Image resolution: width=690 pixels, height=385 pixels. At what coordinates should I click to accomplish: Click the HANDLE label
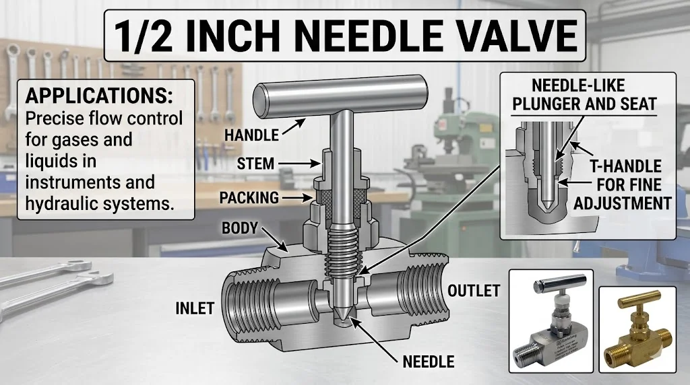(251, 135)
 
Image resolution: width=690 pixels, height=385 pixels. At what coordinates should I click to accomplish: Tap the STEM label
(255, 164)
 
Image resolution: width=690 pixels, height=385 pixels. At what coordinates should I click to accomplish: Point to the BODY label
(240, 228)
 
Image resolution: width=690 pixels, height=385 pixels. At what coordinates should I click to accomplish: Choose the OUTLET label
(474, 291)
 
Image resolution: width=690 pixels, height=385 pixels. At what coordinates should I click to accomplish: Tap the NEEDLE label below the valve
(429, 361)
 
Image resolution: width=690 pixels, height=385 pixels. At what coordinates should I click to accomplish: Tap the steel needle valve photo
(551, 321)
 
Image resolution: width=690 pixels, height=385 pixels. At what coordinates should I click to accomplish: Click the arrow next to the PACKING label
(298, 198)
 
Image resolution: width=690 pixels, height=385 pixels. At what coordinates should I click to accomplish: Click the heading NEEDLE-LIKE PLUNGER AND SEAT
(579, 95)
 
